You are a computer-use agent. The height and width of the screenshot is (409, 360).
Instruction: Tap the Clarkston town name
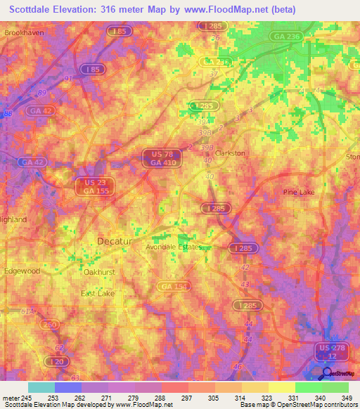click(230, 152)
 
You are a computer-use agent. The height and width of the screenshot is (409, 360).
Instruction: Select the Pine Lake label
click(298, 191)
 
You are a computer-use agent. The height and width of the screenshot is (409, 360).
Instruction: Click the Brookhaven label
click(23, 33)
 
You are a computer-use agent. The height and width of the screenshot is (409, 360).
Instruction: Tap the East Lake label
click(96, 293)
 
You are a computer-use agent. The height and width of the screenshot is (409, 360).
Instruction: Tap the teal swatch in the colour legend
click(41, 387)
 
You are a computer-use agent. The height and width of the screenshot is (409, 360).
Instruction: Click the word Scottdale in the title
click(32, 9)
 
